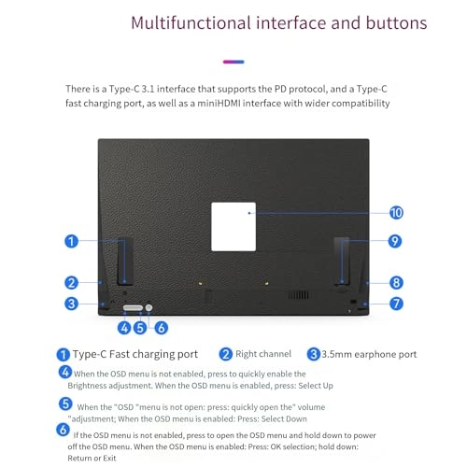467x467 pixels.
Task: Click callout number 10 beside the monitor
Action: click(x=396, y=213)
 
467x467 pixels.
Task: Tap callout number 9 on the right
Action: click(x=395, y=241)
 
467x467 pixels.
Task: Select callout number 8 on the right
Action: click(x=396, y=283)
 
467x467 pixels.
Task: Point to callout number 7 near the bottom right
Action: click(x=396, y=304)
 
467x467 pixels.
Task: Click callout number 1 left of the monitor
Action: click(x=71, y=241)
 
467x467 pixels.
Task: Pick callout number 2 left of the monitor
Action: click(x=71, y=283)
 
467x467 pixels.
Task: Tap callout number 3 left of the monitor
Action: click(x=71, y=304)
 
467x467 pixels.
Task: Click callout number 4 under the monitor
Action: click(x=124, y=328)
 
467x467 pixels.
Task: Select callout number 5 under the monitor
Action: click(x=140, y=328)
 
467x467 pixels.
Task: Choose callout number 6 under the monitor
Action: click(x=162, y=328)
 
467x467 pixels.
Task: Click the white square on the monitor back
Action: click(x=233, y=227)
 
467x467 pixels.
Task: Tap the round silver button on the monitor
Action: click(x=149, y=307)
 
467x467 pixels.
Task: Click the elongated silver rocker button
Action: click(x=133, y=308)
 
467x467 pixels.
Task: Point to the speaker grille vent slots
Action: click(x=298, y=295)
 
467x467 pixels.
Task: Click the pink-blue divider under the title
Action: click(x=233, y=62)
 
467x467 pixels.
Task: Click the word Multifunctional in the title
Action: click(x=191, y=23)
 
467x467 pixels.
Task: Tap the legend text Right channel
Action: click(x=263, y=354)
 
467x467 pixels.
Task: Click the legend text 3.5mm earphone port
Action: click(x=369, y=354)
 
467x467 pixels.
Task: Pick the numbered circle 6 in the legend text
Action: click(x=63, y=430)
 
